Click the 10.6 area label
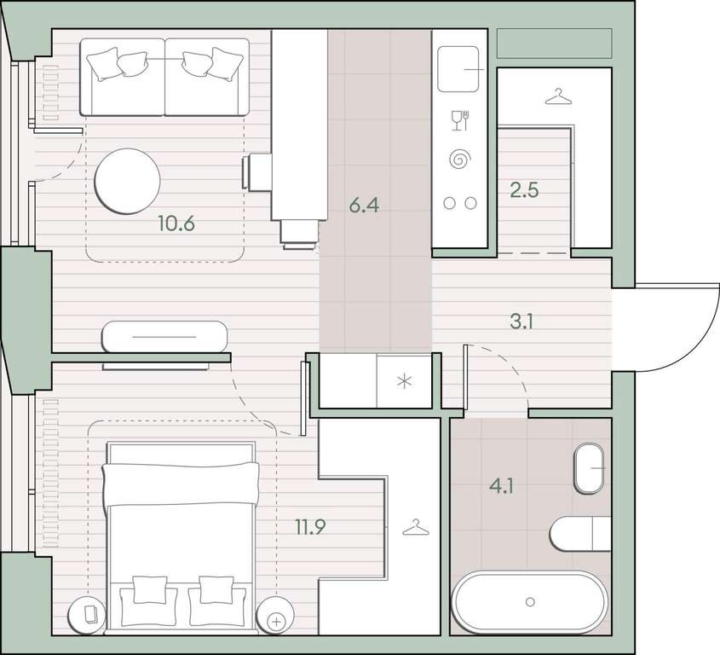(x=176, y=223)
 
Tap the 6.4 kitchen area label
(x=364, y=205)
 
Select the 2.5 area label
(x=524, y=190)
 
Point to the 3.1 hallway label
(x=521, y=322)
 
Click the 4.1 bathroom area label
(x=501, y=485)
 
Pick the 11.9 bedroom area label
(x=310, y=527)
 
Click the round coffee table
(x=127, y=181)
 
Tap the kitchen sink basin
(x=458, y=69)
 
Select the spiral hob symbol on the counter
(x=459, y=159)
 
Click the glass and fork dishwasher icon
(x=459, y=120)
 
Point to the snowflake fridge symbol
(x=404, y=381)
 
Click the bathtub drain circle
(x=530, y=601)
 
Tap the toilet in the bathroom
(x=580, y=534)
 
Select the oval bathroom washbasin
(x=589, y=468)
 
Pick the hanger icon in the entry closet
(x=558, y=96)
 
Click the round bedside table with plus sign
(x=275, y=615)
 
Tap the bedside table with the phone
(x=87, y=615)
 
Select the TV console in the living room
(x=164, y=337)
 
